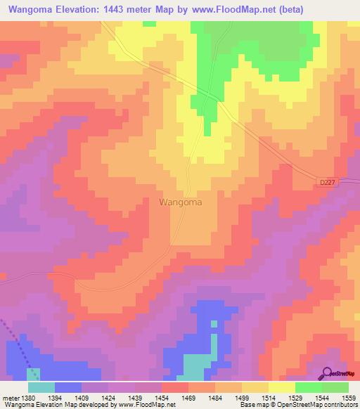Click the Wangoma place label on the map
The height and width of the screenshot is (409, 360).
(181, 202)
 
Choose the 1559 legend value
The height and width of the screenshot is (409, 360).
(348, 397)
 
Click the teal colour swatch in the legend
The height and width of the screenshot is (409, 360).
(41, 387)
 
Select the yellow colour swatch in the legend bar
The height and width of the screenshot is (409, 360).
(282, 387)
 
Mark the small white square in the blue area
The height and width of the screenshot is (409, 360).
(213, 324)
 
